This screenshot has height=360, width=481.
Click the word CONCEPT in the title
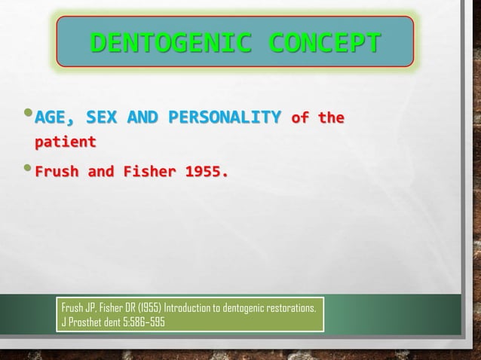324,45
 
